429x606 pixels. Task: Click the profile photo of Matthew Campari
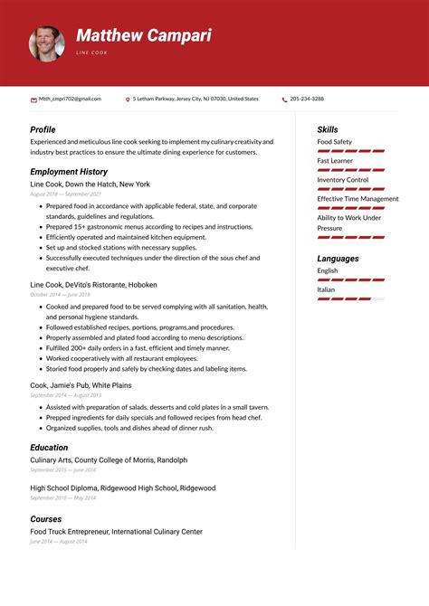pos(46,43)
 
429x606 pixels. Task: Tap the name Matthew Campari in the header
pos(143,36)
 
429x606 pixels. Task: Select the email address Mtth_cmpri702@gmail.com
pos(70,99)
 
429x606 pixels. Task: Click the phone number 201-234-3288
pos(308,99)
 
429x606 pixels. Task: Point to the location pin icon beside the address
pos(128,99)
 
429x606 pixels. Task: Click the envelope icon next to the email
pos(33,99)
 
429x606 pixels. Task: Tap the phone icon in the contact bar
pos(284,99)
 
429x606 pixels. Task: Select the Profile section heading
pos(43,129)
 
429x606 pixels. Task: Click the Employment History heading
pos(69,171)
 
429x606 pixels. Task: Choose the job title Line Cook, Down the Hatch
pos(90,184)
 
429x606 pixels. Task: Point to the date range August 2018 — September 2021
pos(65,194)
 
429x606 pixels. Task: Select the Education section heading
pos(49,447)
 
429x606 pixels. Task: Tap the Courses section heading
pos(46,518)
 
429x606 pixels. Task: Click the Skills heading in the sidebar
pos(328,129)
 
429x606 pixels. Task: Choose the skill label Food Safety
pos(334,142)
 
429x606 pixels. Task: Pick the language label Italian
pos(326,289)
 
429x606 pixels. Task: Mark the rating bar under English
pos(350,279)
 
